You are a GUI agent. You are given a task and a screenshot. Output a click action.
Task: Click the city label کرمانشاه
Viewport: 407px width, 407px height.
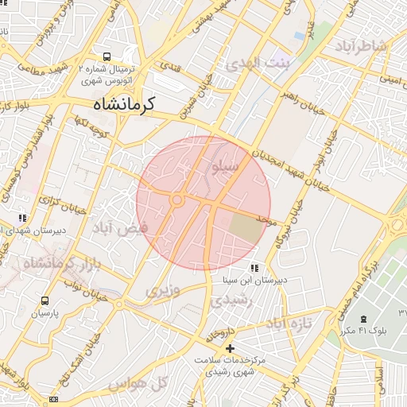click(124, 104)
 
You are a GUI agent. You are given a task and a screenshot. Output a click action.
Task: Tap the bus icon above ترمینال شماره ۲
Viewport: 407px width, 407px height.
click(107, 57)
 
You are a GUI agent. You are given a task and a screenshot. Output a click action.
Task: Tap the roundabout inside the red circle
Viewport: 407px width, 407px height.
click(176, 201)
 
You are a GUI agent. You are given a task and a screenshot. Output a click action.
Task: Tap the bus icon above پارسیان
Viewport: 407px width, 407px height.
click(44, 301)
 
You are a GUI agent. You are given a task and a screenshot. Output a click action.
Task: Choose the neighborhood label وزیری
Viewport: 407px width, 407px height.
click(163, 291)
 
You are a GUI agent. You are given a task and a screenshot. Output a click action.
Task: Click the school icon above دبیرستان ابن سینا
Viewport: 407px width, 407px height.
click(254, 268)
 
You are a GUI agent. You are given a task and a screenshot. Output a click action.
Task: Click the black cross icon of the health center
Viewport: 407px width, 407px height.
click(230, 348)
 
